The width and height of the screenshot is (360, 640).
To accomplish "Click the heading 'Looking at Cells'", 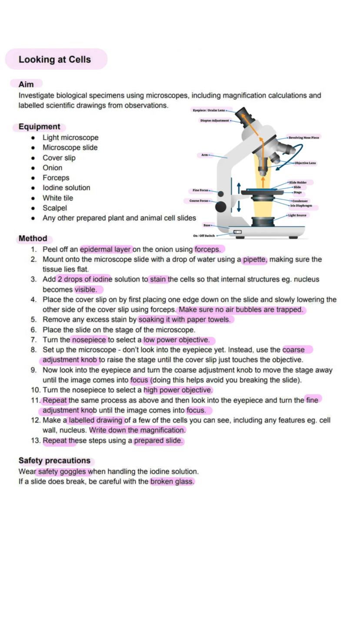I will pyautogui.click(x=55, y=60).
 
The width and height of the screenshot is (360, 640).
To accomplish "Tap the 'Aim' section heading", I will pyautogui.click(x=26, y=84).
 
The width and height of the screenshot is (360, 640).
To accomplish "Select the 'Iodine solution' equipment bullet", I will pyautogui.click(x=66, y=188).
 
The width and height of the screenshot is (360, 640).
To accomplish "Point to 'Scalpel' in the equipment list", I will pyautogui.click(x=54, y=208).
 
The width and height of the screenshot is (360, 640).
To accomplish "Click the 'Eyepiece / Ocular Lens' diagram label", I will pyautogui.click(x=209, y=110).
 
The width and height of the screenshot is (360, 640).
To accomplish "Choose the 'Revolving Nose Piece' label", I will pyautogui.click(x=304, y=137).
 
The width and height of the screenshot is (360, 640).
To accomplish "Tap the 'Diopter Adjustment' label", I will pyautogui.click(x=214, y=120).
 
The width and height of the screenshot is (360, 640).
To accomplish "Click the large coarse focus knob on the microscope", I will pyautogui.click(x=221, y=207).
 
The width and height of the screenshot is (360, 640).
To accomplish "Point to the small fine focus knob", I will pyautogui.click(x=221, y=194).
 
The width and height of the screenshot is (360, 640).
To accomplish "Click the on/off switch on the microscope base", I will pyautogui.click(x=237, y=232).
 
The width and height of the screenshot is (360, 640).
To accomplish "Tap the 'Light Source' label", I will pyautogui.click(x=297, y=215).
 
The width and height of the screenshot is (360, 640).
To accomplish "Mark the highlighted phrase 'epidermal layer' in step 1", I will pyautogui.click(x=106, y=250).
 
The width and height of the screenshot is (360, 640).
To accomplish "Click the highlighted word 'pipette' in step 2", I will pyautogui.click(x=254, y=260).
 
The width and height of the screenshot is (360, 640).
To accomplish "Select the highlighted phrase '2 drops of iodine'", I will pyautogui.click(x=85, y=279).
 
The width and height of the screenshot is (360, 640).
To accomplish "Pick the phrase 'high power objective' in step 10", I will pyautogui.click(x=178, y=390).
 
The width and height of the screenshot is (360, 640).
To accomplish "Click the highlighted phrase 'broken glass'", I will pyautogui.click(x=172, y=482).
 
